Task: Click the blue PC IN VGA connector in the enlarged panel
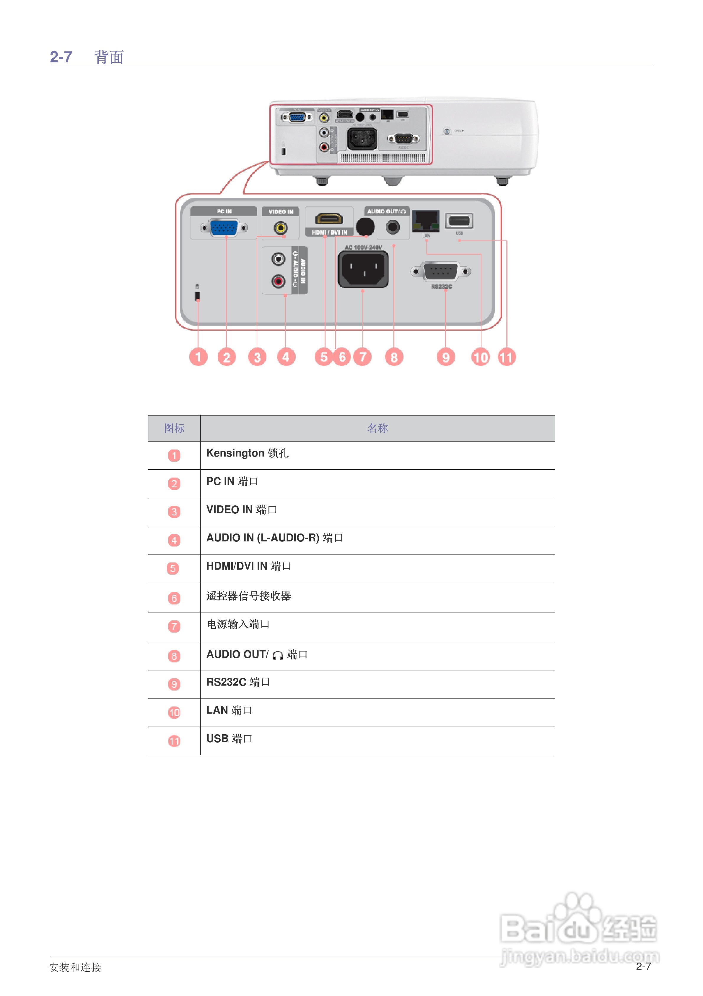pyautogui.click(x=224, y=228)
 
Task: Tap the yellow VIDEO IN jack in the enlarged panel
pyautogui.click(x=280, y=228)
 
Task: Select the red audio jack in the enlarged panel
pyautogui.click(x=278, y=282)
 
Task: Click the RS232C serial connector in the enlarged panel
pyautogui.click(x=440, y=271)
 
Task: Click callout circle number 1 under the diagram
pyautogui.click(x=198, y=357)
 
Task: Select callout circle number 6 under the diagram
pyautogui.click(x=342, y=357)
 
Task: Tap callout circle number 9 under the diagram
pyautogui.click(x=445, y=357)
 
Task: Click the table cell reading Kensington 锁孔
pyautogui.click(x=247, y=453)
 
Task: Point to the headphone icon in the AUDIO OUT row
pyautogui.click(x=278, y=655)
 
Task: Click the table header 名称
pyautogui.click(x=377, y=429)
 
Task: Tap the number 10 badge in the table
pyautogui.click(x=174, y=713)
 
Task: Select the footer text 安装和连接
pyautogui.click(x=75, y=967)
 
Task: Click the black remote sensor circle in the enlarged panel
pyautogui.click(x=365, y=226)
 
